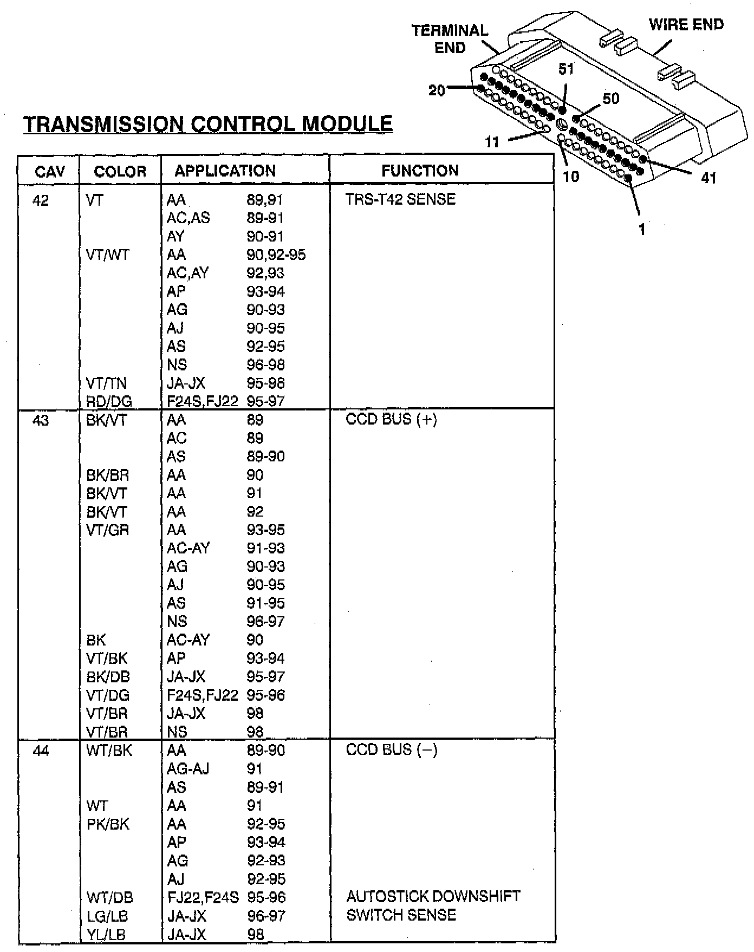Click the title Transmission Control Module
208,124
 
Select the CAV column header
49,172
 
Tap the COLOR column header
120,172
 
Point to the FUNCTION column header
420,171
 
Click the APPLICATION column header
225,171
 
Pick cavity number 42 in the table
41,201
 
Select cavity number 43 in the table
41,420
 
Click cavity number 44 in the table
41,751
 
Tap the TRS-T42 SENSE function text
400,199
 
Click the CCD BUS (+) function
391,420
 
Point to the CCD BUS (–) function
391,750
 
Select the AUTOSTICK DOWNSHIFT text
433,896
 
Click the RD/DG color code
109,401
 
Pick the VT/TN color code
106,383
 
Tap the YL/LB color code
106,935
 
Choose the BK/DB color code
108,677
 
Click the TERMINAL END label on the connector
450,39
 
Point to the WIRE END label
686,25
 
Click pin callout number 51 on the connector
566,69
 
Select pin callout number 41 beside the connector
708,178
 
